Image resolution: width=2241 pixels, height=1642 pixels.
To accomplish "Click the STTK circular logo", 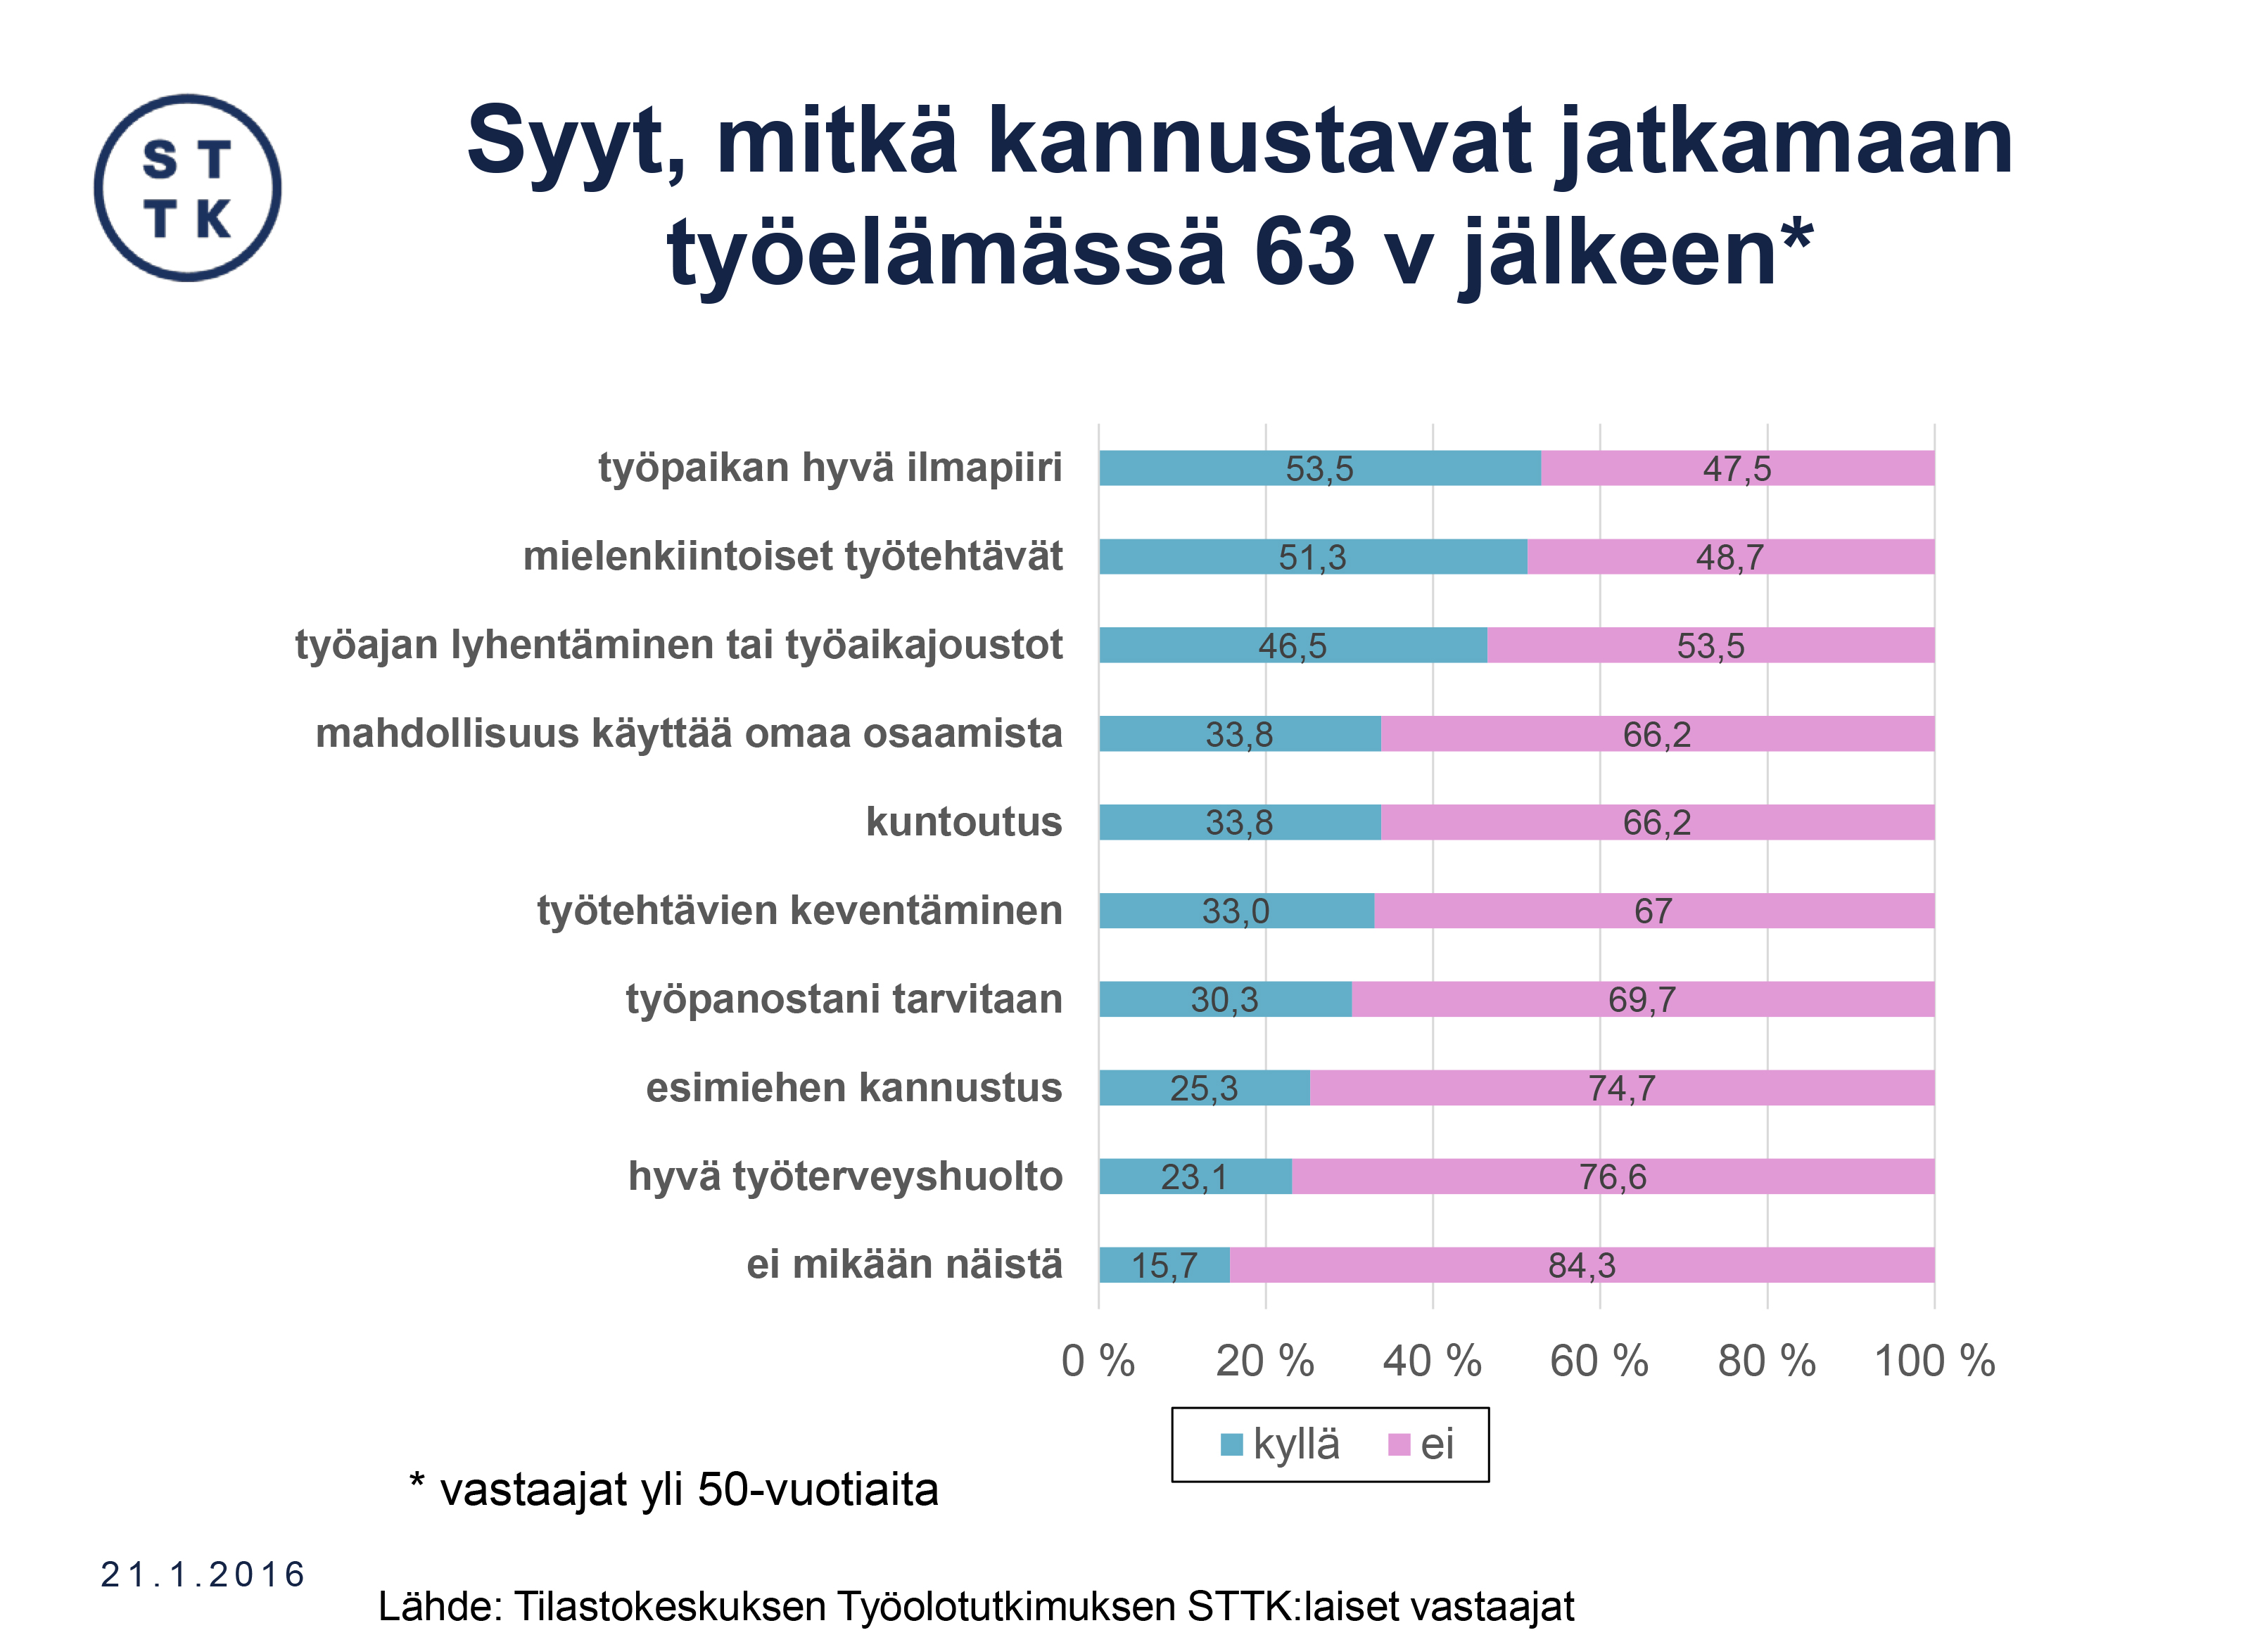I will pos(187,188).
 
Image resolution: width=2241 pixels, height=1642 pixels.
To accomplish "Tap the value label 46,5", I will pos(1292,646).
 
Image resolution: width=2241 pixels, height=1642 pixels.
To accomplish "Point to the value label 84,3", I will pos(1581,1265).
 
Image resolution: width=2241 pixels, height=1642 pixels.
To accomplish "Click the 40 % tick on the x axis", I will pos(1432,1361).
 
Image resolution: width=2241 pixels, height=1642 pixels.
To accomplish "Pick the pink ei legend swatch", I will pos(1399,1444).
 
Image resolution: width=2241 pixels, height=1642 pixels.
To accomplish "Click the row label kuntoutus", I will pos(963,822).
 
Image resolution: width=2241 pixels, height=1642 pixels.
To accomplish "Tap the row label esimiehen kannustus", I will pos(854,1087).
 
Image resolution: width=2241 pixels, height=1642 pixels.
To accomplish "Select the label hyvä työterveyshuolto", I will pos(845,1176).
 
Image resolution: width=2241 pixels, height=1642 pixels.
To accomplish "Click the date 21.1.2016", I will pos(203,1574).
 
